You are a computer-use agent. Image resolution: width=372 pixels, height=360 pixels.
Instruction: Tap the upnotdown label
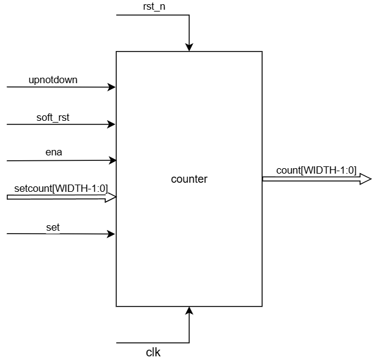[53, 80]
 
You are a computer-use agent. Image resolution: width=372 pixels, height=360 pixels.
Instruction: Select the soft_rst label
[53, 117]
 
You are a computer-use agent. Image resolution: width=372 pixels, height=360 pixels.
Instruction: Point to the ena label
[53, 153]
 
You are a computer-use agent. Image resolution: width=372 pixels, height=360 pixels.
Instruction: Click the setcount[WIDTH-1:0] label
[61, 189]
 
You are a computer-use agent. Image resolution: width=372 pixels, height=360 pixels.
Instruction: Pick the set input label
[53, 227]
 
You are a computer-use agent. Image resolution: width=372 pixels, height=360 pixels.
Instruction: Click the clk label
[153, 352]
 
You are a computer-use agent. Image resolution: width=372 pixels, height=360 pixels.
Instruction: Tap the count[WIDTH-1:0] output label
[316, 171]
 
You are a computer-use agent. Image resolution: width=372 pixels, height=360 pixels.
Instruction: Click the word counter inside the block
[189, 179]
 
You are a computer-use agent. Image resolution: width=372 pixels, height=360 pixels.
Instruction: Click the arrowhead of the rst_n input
[189, 47]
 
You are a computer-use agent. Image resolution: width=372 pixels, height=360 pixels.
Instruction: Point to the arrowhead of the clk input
[189, 311]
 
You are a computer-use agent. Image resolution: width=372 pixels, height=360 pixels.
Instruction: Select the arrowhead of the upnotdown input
[112, 87]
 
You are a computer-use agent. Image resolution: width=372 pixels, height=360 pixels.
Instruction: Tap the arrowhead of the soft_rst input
[112, 124]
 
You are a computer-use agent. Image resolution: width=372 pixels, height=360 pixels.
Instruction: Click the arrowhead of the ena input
[112, 161]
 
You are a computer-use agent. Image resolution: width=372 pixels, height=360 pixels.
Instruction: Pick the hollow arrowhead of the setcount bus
[111, 197]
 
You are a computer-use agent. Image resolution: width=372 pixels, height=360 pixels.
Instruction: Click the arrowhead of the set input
[112, 234]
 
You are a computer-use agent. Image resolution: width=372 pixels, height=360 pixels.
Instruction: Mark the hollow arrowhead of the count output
[365, 178]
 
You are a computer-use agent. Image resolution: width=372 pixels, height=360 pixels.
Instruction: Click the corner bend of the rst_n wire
[189, 15]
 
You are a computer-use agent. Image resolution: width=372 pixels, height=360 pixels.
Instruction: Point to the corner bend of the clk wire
[189, 343]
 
